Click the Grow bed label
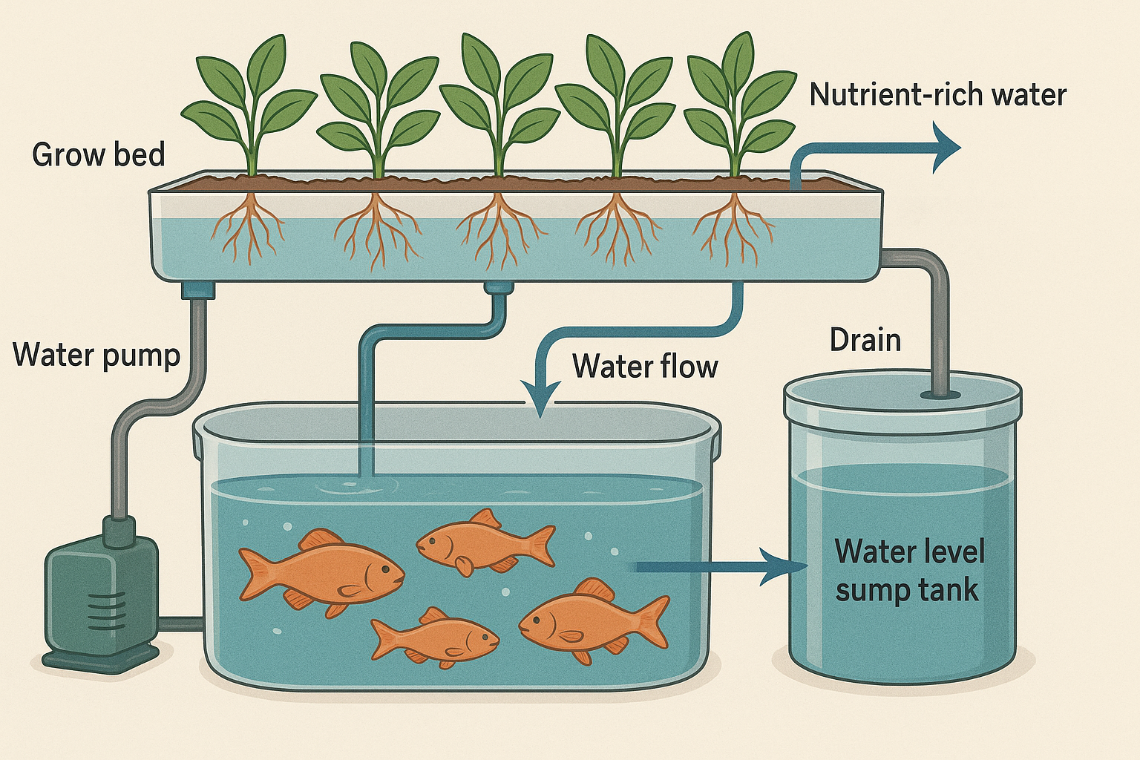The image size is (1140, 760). point(98,155)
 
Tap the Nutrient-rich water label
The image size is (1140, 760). point(937,95)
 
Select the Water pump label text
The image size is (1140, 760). point(96,355)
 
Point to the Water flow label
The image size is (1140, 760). point(645,367)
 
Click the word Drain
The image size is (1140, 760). point(865,340)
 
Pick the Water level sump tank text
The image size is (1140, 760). point(908,571)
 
